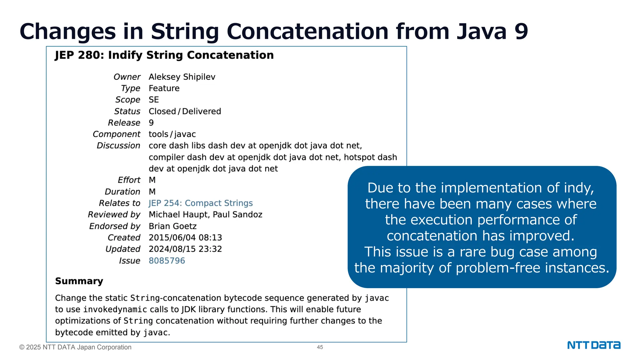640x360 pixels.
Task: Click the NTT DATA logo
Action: pyautogui.click(x=593, y=345)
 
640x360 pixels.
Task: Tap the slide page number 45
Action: pyautogui.click(x=320, y=347)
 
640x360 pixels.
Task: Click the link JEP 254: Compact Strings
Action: pyautogui.click(x=201, y=203)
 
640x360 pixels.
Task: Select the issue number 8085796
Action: pyautogui.click(x=167, y=261)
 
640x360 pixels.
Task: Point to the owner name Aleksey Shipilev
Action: pyautogui.click(x=182, y=77)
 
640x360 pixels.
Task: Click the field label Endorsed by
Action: pyautogui.click(x=115, y=226)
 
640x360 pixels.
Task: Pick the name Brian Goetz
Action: pyautogui.click(x=172, y=226)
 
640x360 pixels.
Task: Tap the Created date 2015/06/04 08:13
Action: pyautogui.click(x=185, y=237)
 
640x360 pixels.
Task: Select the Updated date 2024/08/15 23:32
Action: pyautogui.click(x=185, y=249)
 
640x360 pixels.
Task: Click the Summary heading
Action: pyautogui.click(x=79, y=281)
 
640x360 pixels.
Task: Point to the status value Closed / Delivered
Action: pyautogui.click(x=185, y=111)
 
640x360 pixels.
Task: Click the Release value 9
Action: pyautogui.click(x=151, y=123)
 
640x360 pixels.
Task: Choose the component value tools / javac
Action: pyautogui.click(x=172, y=134)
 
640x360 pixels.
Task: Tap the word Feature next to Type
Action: pyautogui.click(x=164, y=88)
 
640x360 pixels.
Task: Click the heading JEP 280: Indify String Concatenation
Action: pyautogui.click(x=164, y=55)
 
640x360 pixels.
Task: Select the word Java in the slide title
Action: pyautogui.click(x=481, y=32)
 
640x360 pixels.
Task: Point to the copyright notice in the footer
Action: pyautogui.click(x=75, y=347)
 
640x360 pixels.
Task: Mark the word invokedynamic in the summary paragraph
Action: pyautogui.click(x=115, y=310)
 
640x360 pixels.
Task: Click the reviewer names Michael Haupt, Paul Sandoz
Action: pyautogui.click(x=205, y=215)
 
